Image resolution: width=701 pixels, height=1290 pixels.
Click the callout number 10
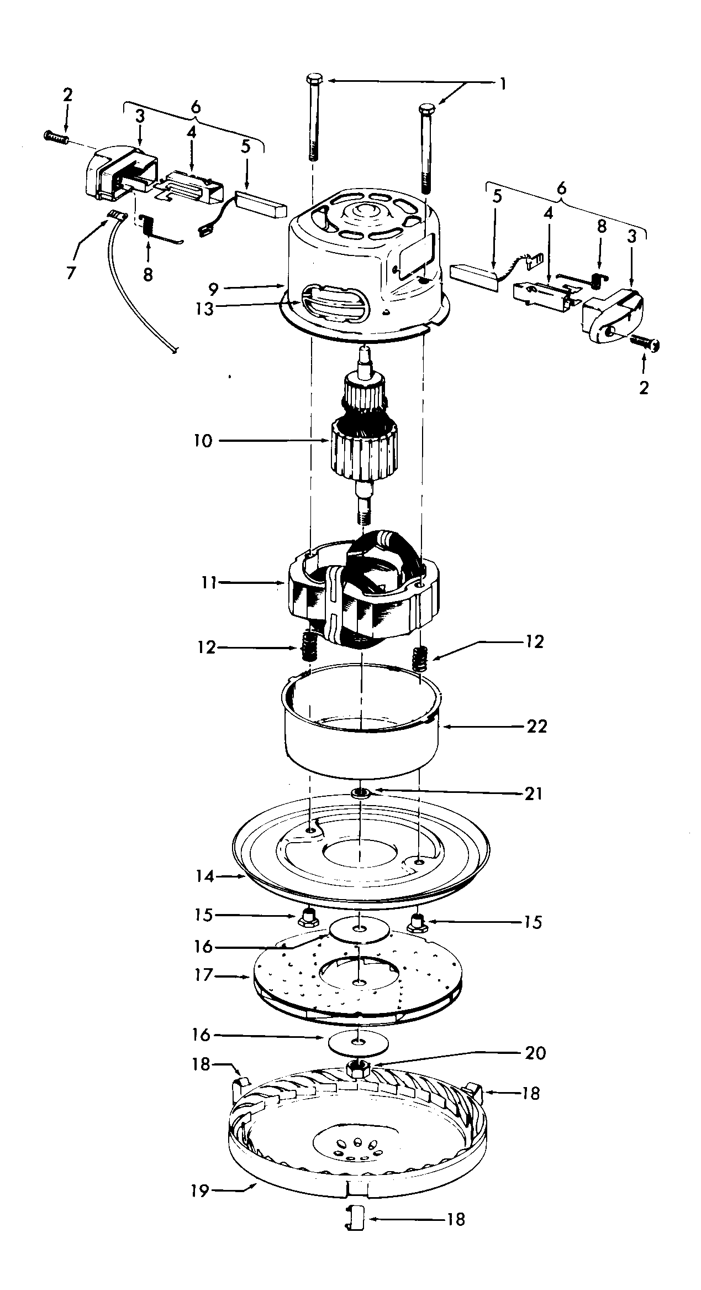203,442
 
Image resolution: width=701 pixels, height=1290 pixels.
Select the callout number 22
536,726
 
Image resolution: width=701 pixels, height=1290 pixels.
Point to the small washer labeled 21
361,793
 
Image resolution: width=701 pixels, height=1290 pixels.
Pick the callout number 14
204,876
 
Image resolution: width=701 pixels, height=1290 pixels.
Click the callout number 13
204,309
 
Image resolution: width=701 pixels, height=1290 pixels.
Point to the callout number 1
502,84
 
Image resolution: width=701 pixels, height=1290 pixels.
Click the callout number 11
209,583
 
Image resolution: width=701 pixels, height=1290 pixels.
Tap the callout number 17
204,975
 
